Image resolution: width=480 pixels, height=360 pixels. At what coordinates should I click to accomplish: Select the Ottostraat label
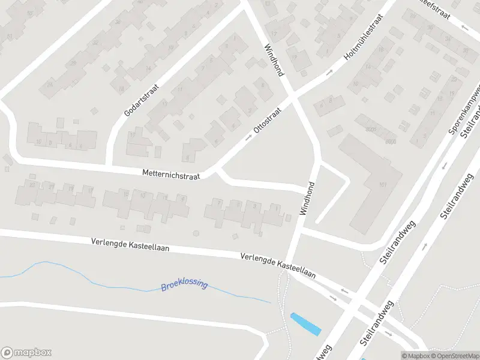tap(267, 121)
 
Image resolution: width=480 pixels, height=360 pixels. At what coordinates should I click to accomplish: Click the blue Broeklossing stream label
tap(184, 284)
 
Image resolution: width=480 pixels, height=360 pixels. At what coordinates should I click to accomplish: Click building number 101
tap(382, 184)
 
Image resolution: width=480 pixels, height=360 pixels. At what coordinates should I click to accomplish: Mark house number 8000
tap(391, 142)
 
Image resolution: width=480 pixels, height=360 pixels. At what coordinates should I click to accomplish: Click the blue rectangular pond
tap(305, 324)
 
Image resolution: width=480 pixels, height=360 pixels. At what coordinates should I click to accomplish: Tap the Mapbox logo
tap(26, 353)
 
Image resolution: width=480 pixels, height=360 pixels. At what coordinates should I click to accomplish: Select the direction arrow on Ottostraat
tap(248, 138)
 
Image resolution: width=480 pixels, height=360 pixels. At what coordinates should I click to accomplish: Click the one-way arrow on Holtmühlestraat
tap(329, 73)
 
